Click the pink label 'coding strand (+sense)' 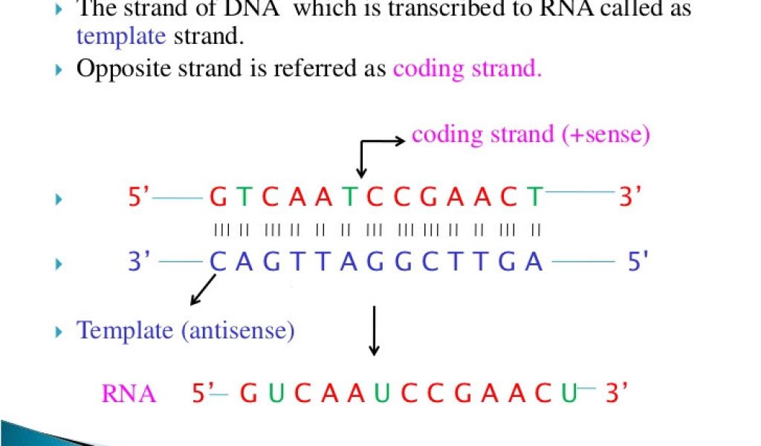pyautogui.click(x=531, y=135)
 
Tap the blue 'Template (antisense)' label pyautogui.click(x=186, y=329)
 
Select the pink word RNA pyautogui.click(x=129, y=393)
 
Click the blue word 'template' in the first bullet pyautogui.click(x=121, y=35)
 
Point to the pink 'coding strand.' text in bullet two pyautogui.click(x=467, y=68)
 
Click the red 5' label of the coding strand pyautogui.click(x=139, y=197)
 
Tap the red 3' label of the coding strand pyautogui.click(x=631, y=197)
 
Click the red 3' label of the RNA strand pyautogui.click(x=617, y=392)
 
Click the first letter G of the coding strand pyautogui.click(x=218, y=198)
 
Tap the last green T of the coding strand pyautogui.click(x=534, y=198)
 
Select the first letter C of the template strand pyautogui.click(x=217, y=262)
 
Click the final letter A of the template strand pyautogui.click(x=534, y=262)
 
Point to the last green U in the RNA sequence pyautogui.click(x=569, y=393)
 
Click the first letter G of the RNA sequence pyautogui.click(x=249, y=393)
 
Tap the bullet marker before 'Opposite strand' pyautogui.click(x=60, y=70)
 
